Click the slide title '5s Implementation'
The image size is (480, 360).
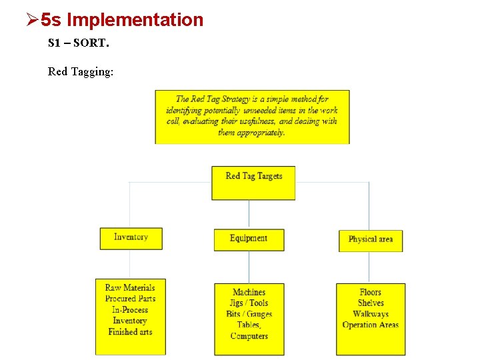[121, 20]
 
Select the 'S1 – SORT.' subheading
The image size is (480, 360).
[78, 43]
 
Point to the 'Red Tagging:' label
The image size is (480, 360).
[81, 71]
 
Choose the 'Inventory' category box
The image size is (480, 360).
[131, 238]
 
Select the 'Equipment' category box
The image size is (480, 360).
[249, 239]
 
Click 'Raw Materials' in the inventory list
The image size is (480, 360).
[130, 288]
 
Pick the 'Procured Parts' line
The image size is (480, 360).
[130, 299]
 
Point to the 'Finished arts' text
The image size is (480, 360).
[130, 331]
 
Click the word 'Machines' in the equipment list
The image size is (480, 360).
[249, 292]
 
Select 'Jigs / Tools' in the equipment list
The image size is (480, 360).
[249, 303]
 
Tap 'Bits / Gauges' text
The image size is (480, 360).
[249, 314]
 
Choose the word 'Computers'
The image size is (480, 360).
[249, 336]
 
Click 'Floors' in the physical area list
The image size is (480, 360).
[371, 292]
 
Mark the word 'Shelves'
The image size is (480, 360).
[371, 303]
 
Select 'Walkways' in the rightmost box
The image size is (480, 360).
[371, 314]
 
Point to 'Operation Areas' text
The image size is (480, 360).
[371, 325]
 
